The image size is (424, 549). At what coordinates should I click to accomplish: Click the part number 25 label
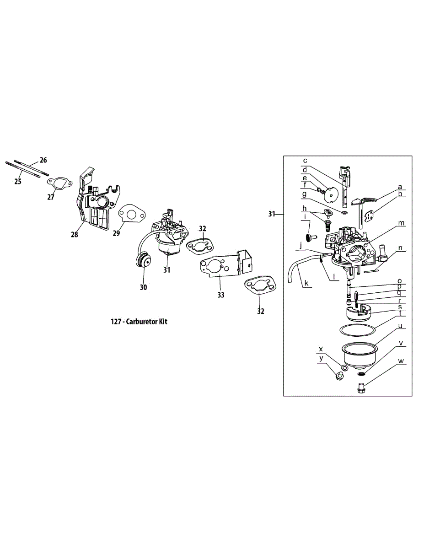click(18, 182)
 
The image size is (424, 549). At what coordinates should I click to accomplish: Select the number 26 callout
click(43, 160)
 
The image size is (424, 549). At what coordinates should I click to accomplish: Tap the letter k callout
click(306, 284)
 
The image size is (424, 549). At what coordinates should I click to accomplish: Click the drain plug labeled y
click(339, 376)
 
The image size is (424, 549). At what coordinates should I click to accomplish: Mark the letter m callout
click(401, 223)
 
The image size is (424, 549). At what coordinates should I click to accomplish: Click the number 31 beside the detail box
click(272, 214)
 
